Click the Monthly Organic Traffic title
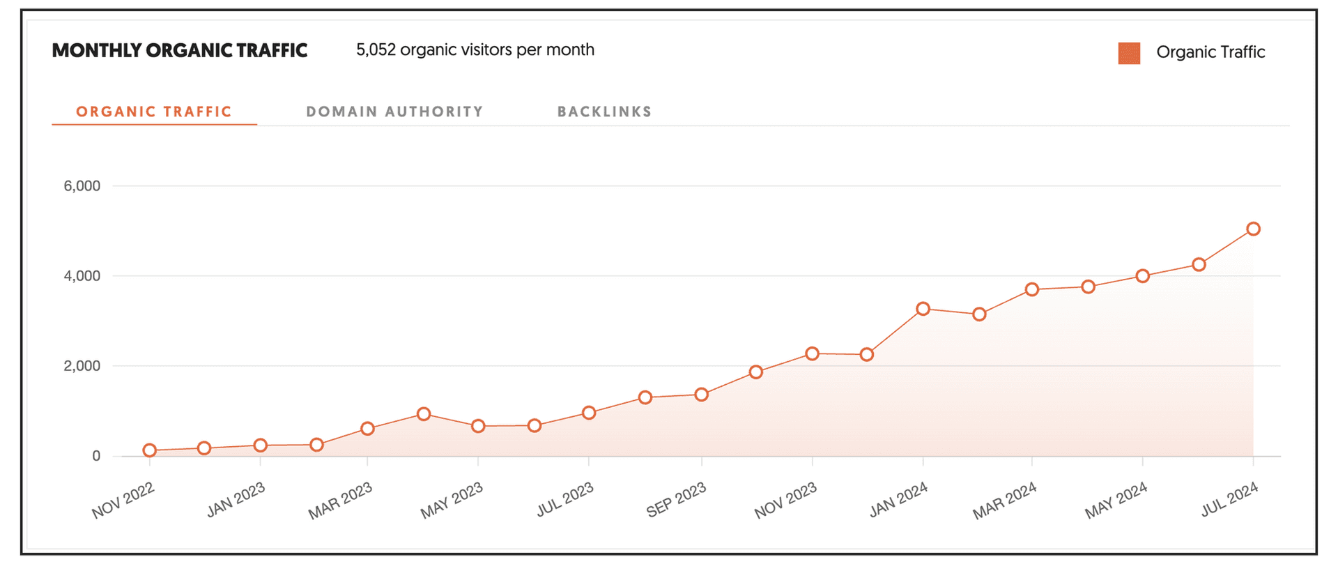[180, 50]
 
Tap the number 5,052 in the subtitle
[376, 50]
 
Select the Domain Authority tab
[394, 112]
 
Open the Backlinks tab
[604, 112]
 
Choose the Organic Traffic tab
[154, 112]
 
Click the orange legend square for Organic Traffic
[1129, 53]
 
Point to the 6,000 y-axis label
[82, 186]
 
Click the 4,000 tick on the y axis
[82, 276]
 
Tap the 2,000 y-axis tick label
[82, 366]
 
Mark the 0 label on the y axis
[96, 456]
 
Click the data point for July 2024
[1253, 229]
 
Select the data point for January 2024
[923, 309]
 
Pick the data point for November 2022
[149, 450]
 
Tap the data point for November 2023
[812, 353]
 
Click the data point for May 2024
[1142, 276]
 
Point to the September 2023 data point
[702, 395]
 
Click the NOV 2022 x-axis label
[123, 501]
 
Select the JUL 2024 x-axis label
[1229, 499]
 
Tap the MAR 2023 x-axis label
[340, 501]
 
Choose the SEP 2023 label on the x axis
[676, 500]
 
